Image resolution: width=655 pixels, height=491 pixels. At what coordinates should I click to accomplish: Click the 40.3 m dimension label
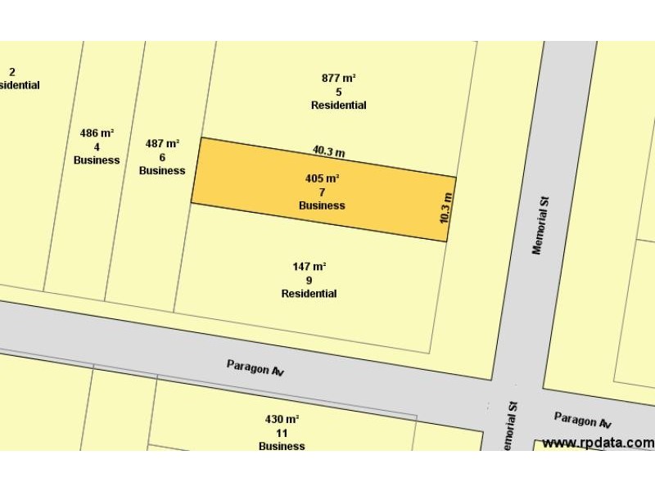[x=328, y=151]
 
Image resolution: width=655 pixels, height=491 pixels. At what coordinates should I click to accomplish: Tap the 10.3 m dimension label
[x=445, y=208]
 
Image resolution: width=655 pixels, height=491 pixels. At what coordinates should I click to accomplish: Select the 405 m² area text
[x=322, y=178]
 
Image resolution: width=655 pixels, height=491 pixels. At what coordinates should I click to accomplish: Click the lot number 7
[x=322, y=191]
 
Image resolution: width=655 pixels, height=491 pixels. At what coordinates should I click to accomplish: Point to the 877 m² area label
[x=338, y=78]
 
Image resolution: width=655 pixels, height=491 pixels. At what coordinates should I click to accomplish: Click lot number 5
[x=338, y=92]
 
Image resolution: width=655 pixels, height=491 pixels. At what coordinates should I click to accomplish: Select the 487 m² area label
[x=162, y=143]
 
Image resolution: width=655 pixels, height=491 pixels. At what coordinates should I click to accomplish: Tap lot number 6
[x=162, y=157]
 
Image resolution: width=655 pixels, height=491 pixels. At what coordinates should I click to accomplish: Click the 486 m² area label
[x=97, y=133]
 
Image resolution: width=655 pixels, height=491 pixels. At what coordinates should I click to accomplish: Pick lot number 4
[x=97, y=146]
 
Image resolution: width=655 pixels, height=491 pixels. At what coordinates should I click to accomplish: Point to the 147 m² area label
[x=309, y=266]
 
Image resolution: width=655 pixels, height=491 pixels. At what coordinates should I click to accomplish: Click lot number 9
[x=309, y=280]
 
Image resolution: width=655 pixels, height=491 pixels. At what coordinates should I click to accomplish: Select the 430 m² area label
[x=282, y=419]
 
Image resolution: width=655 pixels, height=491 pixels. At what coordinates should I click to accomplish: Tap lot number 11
[x=282, y=433]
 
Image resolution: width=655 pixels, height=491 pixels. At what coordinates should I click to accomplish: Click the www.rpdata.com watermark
[x=598, y=443]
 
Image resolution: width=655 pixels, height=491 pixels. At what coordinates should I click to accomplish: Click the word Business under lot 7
[x=322, y=205]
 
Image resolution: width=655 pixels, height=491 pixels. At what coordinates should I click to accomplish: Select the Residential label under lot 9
[x=309, y=294]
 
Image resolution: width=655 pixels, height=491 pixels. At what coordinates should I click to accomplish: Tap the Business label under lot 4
[x=97, y=160]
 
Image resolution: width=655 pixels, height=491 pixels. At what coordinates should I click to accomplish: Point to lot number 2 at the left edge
[x=12, y=72]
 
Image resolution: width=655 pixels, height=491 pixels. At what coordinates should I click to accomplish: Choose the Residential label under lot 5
[x=338, y=106]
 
